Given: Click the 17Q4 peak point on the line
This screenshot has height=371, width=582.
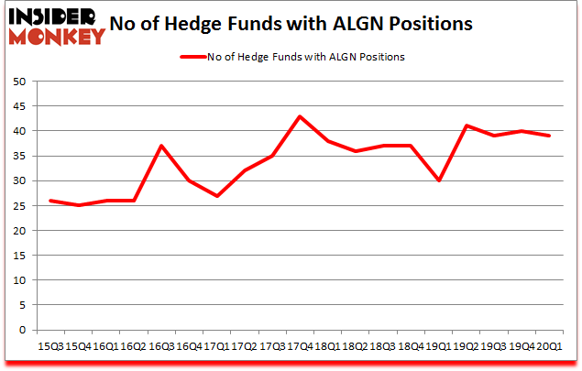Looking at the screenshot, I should pos(299,116).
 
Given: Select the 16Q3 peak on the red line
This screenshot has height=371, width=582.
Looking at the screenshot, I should pos(161,146).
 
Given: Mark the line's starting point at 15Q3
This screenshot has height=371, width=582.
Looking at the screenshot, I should pos(50,201).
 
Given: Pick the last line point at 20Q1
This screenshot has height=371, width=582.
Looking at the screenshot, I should pos(548,136).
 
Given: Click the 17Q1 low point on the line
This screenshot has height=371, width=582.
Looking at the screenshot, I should pos(216,196).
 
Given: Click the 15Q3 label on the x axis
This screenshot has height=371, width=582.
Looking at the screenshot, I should pos(50,345).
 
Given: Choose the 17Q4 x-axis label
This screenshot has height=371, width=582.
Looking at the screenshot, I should pos(299,345).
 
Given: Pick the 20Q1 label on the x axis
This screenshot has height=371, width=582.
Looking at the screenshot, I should pos(548,345).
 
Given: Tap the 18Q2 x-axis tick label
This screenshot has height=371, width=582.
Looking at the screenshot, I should pos(355,345).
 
